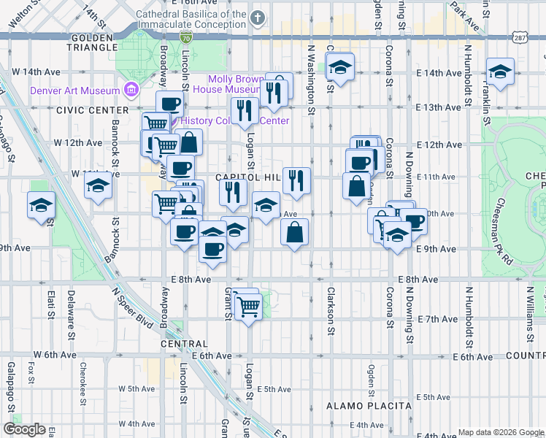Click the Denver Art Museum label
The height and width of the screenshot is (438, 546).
(74, 91)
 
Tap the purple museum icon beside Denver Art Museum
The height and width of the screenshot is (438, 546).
(131, 90)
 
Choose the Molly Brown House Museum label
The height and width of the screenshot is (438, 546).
(240, 84)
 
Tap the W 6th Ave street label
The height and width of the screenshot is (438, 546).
(58, 355)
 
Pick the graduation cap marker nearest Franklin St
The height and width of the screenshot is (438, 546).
(500, 72)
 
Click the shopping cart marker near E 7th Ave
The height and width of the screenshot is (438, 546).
(248, 308)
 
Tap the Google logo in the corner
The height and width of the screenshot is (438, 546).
(24, 429)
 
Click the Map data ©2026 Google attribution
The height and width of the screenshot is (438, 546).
(501, 432)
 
